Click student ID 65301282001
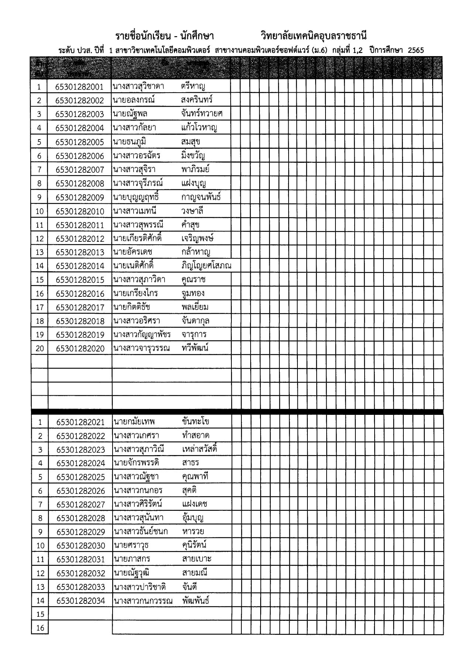(79, 87)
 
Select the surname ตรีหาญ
(193, 86)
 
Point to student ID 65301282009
(80, 197)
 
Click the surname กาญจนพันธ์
(201, 197)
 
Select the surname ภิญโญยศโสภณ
(206, 266)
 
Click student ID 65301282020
(80, 348)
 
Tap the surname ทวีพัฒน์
(195, 348)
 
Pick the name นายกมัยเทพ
(134, 421)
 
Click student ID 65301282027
(80, 505)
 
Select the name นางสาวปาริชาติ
(140, 587)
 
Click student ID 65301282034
(80, 601)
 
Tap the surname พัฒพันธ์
(196, 600)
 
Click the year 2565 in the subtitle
(416, 51)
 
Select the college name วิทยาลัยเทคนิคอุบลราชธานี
(313, 36)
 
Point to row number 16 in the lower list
(40, 628)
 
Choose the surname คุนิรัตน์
(194, 545)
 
